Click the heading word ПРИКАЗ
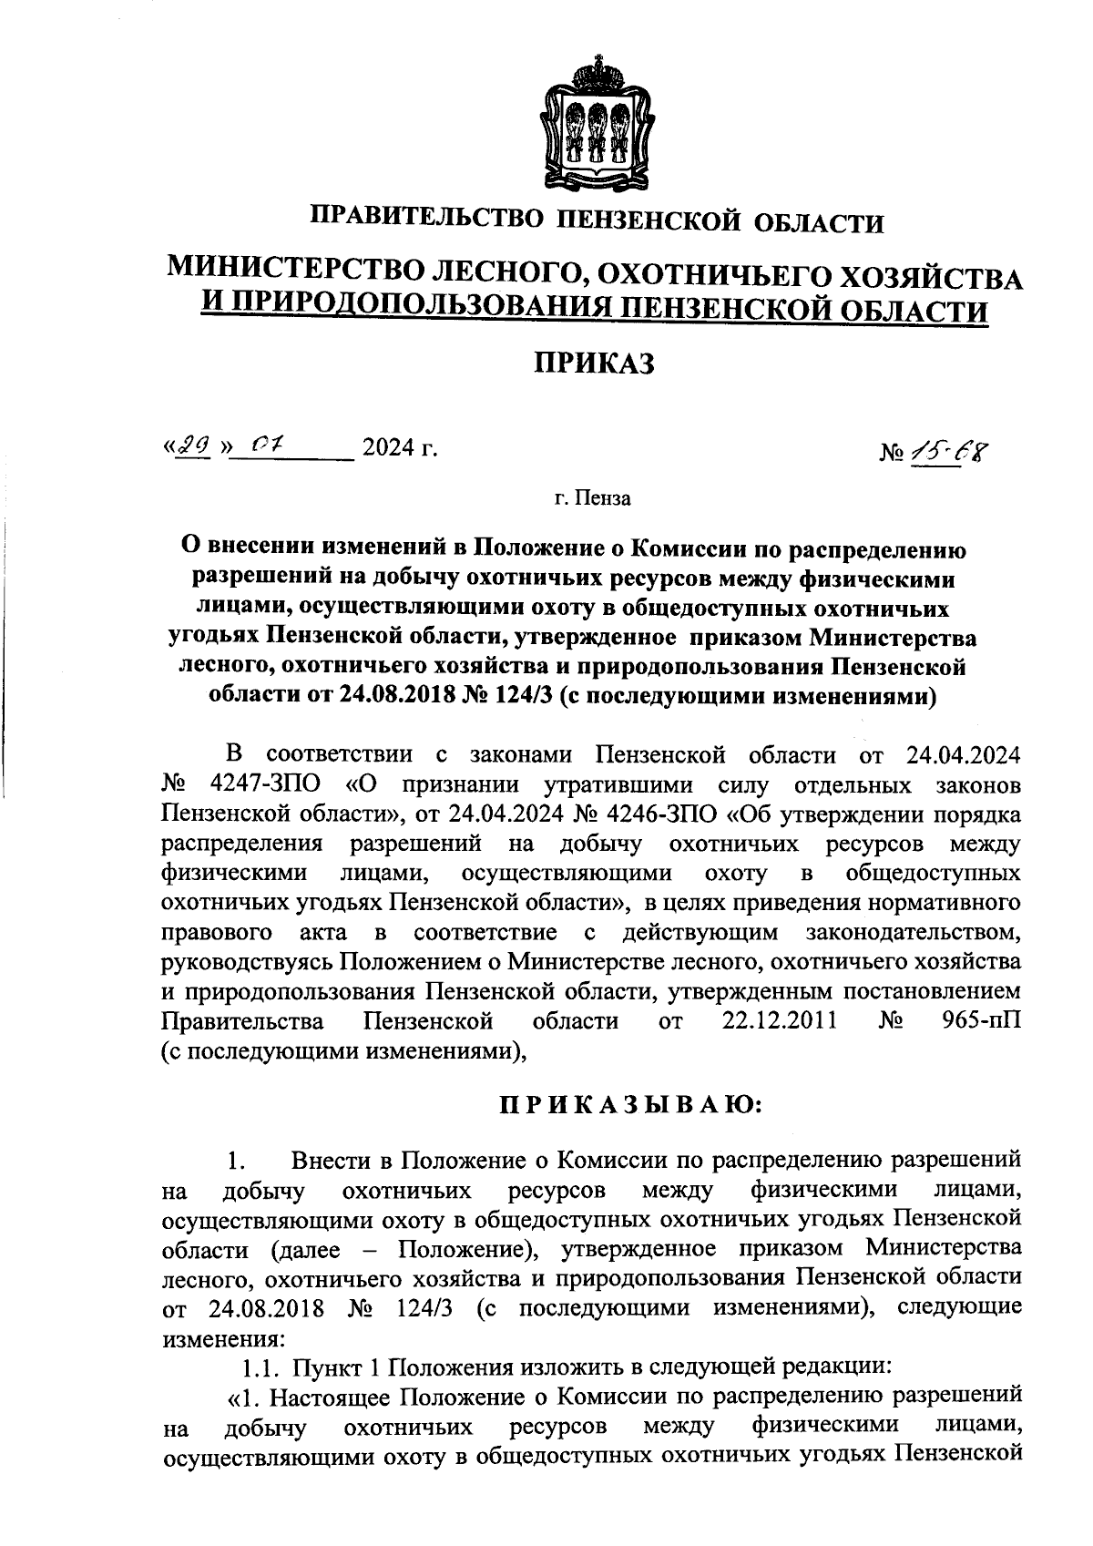pyautogui.click(x=595, y=364)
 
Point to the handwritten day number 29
pyautogui.click(x=189, y=446)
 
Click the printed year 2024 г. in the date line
pyautogui.click(x=400, y=448)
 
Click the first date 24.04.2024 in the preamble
pyautogui.click(x=963, y=754)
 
